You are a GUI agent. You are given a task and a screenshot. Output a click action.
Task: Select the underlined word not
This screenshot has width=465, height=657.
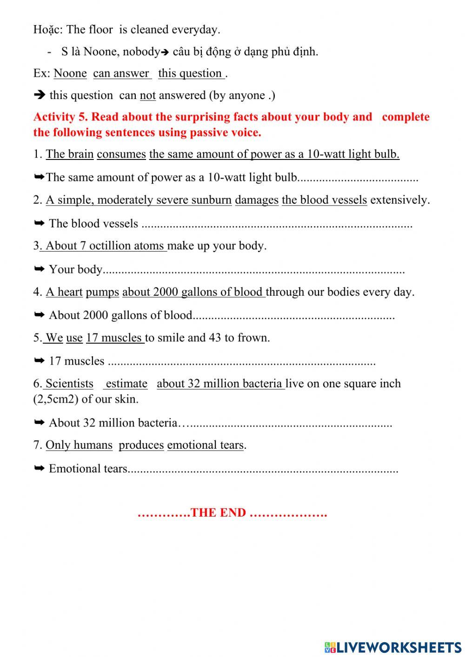pos(147,95)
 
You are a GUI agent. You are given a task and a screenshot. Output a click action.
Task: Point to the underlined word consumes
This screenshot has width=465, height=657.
pos(121,154)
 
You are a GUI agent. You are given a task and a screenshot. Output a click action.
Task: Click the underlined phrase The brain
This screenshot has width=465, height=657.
pos(70,154)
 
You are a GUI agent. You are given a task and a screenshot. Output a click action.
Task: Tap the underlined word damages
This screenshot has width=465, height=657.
pos(257,200)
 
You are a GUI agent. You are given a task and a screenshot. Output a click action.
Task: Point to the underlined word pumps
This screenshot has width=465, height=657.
pos(102,292)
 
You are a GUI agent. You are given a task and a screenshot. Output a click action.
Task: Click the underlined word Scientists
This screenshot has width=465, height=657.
pos(69,384)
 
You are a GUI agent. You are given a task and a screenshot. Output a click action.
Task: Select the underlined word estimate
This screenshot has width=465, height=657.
pos(126,384)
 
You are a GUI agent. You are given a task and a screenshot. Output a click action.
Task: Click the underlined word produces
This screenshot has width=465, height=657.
pos(141,445)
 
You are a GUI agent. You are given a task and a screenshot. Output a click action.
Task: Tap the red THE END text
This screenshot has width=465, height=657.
pos(218,512)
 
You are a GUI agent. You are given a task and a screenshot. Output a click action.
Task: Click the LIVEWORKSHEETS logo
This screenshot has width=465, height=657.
pos(393,647)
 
